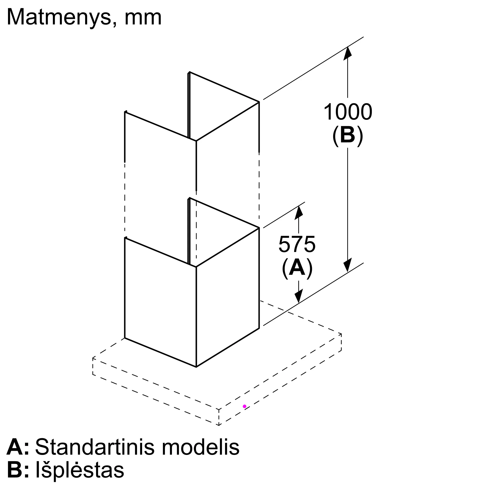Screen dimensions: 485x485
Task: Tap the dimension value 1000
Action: [348, 112]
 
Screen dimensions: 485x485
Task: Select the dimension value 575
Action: [297, 244]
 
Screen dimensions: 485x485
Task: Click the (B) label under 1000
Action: [348, 135]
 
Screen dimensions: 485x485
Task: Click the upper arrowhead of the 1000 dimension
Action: [348, 53]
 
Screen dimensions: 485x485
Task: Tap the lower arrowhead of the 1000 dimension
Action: [348, 266]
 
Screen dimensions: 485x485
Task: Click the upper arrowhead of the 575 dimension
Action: [299, 213]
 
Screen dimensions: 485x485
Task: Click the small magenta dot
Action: [244, 406]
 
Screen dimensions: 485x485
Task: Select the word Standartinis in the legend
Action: [95, 447]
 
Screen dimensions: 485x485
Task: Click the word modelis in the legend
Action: [201, 447]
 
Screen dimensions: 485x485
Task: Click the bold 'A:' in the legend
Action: [18, 447]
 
